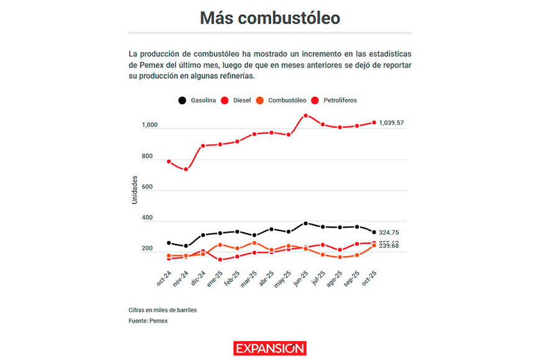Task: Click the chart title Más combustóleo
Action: (x=269, y=18)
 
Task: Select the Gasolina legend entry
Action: (x=197, y=100)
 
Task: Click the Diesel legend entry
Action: (x=242, y=100)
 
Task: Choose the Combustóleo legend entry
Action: (x=287, y=100)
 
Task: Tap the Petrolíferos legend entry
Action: (x=339, y=100)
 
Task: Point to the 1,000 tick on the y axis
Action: (x=149, y=125)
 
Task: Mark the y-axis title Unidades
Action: (x=135, y=189)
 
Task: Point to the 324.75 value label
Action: (x=389, y=232)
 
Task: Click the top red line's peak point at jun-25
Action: (x=305, y=115)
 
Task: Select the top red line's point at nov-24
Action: (x=186, y=169)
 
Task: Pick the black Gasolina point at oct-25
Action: (x=374, y=232)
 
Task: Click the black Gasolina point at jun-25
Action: (x=305, y=223)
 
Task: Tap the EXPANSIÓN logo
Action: (x=269, y=348)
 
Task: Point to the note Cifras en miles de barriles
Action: (x=166, y=310)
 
